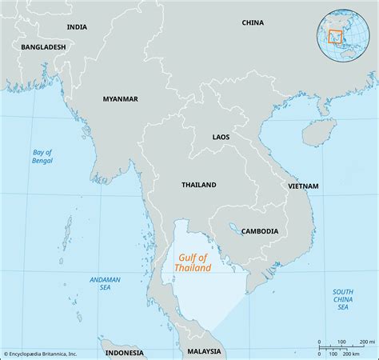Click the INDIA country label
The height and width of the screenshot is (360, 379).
[x=77, y=26]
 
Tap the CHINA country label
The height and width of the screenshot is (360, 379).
[x=253, y=23]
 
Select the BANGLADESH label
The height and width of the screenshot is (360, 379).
[x=44, y=47]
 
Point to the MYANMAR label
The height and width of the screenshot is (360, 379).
[x=120, y=99]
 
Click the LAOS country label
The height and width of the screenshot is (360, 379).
[x=221, y=138]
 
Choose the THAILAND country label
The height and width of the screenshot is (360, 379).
[x=198, y=185]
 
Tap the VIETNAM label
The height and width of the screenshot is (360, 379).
[x=303, y=186]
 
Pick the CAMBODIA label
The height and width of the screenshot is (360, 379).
[x=260, y=231]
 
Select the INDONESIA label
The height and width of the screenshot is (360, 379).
[x=123, y=352]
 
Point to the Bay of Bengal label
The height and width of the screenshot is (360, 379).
[x=42, y=156]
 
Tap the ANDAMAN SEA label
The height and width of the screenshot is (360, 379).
[x=104, y=284]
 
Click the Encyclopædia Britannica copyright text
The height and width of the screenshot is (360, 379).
[x=40, y=354]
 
